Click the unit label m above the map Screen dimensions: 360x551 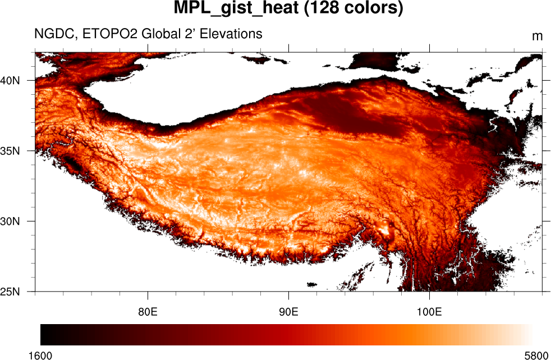click(x=537, y=36)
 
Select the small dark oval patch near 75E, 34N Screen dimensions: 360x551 click(x=72, y=163)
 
